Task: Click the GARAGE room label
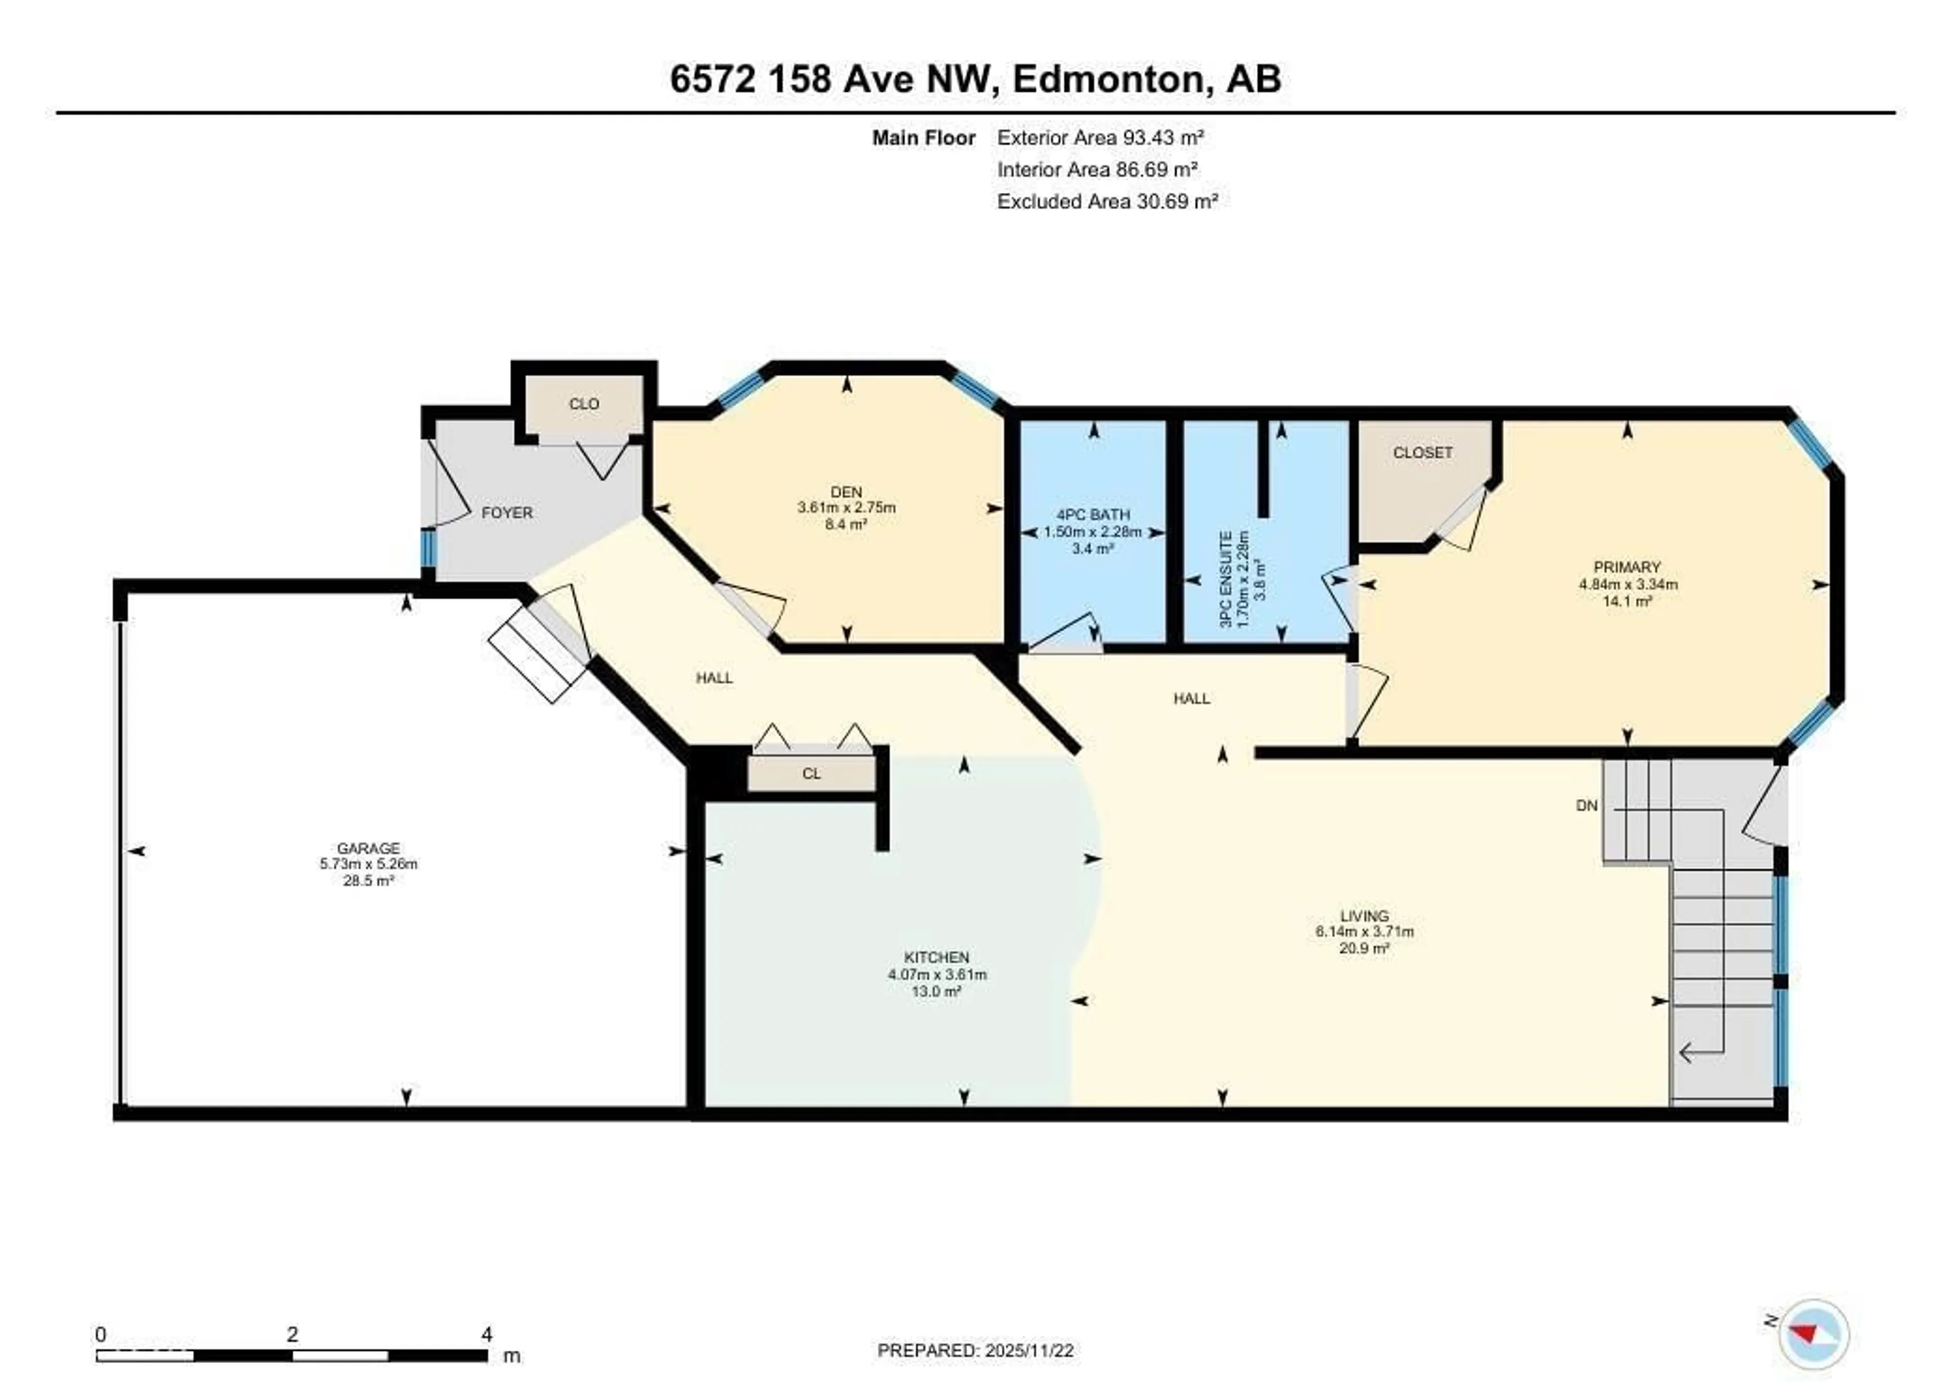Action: [x=368, y=848]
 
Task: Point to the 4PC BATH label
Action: [x=1092, y=514]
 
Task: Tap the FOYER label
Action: [x=507, y=513]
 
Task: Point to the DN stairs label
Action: [x=1587, y=805]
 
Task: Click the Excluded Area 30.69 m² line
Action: [x=1107, y=202]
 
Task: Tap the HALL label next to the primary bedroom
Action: [x=1191, y=698]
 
